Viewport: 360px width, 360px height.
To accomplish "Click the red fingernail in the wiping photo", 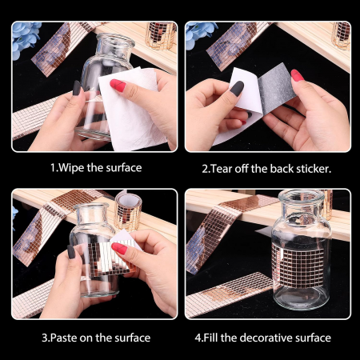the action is click(x=118, y=85).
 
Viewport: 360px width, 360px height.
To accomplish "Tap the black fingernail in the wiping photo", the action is click(x=77, y=88).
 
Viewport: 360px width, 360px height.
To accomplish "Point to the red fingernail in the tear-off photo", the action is click(x=297, y=75).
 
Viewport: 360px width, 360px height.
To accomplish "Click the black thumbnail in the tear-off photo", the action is click(x=237, y=88).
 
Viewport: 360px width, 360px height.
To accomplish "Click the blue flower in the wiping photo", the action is click(x=25, y=38).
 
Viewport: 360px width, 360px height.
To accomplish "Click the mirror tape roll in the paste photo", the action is click(x=128, y=211).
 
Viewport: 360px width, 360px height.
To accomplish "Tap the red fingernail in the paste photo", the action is click(x=119, y=248).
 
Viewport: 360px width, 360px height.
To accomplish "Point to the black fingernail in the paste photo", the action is click(x=71, y=252).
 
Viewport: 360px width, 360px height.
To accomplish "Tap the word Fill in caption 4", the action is click(x=210, y=338).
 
